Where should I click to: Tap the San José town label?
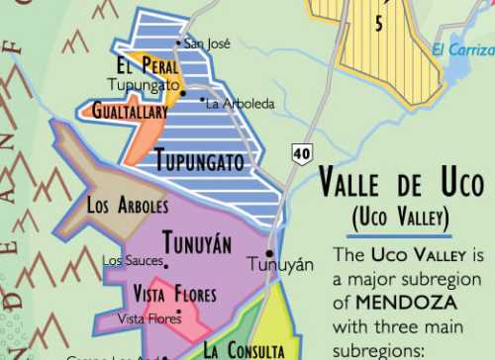208,45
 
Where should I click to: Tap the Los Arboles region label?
128,207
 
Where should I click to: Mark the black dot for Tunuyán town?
269,253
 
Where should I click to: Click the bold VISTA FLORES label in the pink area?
174,294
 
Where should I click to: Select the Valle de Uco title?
402,185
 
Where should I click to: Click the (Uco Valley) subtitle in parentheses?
401,216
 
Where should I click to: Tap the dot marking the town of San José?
178,43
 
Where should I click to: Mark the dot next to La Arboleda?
202,99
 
